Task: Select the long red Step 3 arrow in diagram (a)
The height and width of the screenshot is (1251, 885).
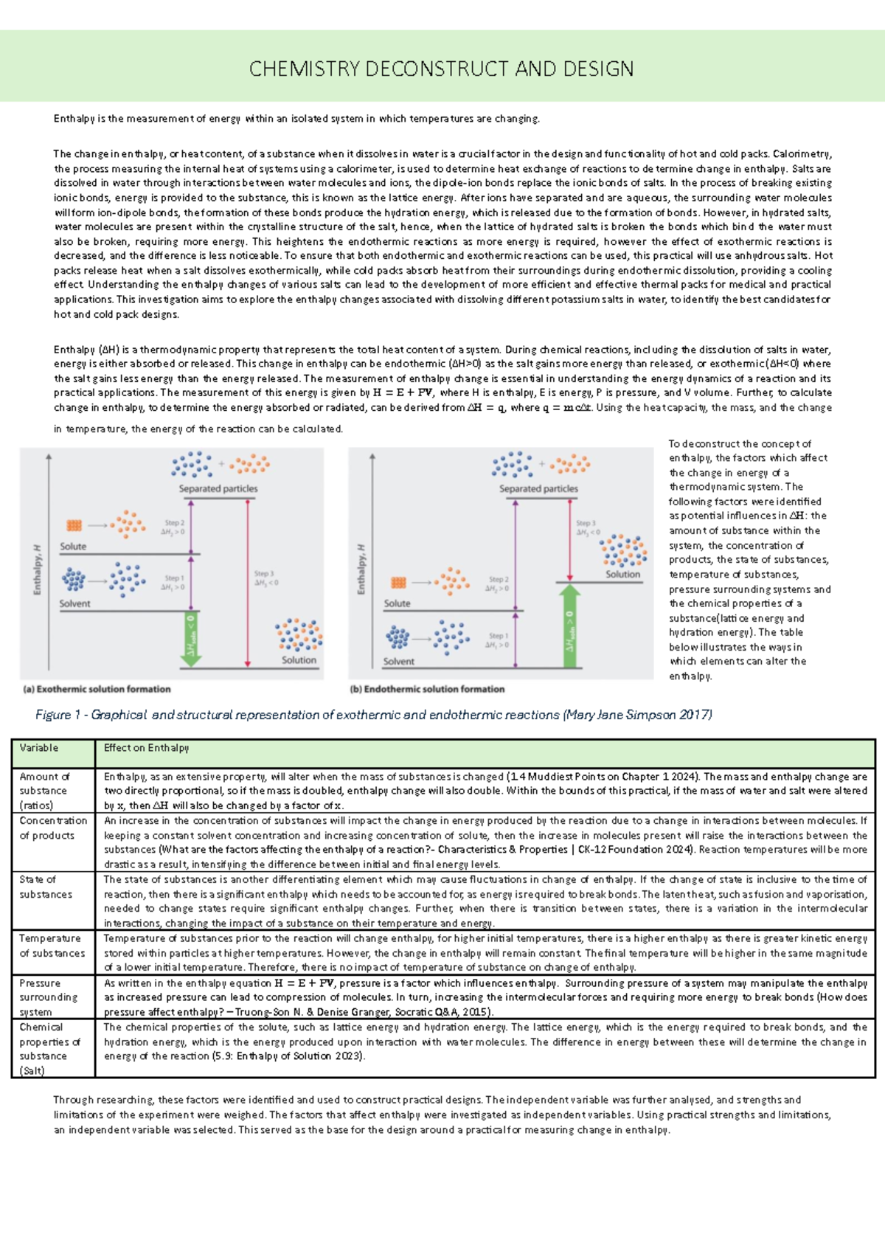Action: pos(248,583)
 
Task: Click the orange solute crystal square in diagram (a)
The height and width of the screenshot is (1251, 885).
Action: pos(74,525)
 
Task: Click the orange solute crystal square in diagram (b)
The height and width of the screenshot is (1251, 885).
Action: pos(398,583)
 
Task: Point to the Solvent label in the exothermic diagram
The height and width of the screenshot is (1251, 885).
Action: pos(74,603)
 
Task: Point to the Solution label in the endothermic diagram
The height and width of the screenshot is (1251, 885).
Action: pos(622,574)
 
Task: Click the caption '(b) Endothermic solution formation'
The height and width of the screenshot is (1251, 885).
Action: pos(427,689)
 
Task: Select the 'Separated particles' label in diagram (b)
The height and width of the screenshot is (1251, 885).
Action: pos(538,488)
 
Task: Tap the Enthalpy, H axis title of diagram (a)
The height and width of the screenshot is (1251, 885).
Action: pos(38,569)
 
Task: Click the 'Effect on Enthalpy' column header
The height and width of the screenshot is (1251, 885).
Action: pos(146,748)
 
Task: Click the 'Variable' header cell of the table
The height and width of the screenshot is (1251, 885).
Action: pos(39,748)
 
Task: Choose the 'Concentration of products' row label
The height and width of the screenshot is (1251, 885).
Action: pos(52,828)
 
